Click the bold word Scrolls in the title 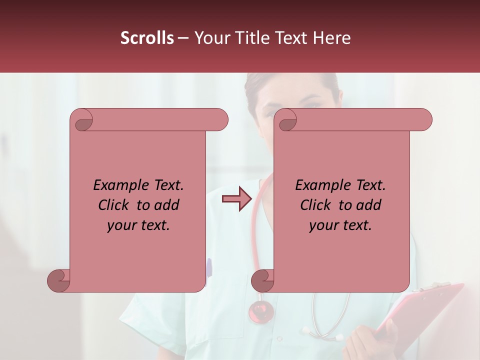147,38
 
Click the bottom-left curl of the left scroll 58,280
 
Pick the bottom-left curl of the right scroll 262,280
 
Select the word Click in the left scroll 114,205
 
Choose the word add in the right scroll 369,205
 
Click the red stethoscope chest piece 261,311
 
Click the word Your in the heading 212,38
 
